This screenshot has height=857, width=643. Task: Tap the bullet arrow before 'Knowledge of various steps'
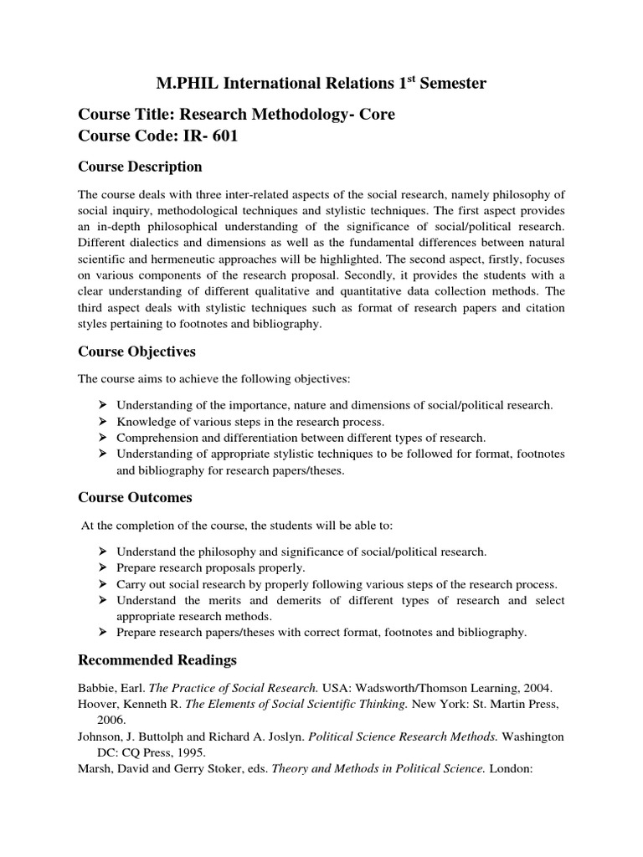(103, 421)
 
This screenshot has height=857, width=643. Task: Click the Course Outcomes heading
(135, 497)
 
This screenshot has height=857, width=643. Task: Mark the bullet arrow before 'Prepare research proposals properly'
(103, 567)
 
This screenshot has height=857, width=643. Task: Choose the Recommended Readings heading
(157, 660)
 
